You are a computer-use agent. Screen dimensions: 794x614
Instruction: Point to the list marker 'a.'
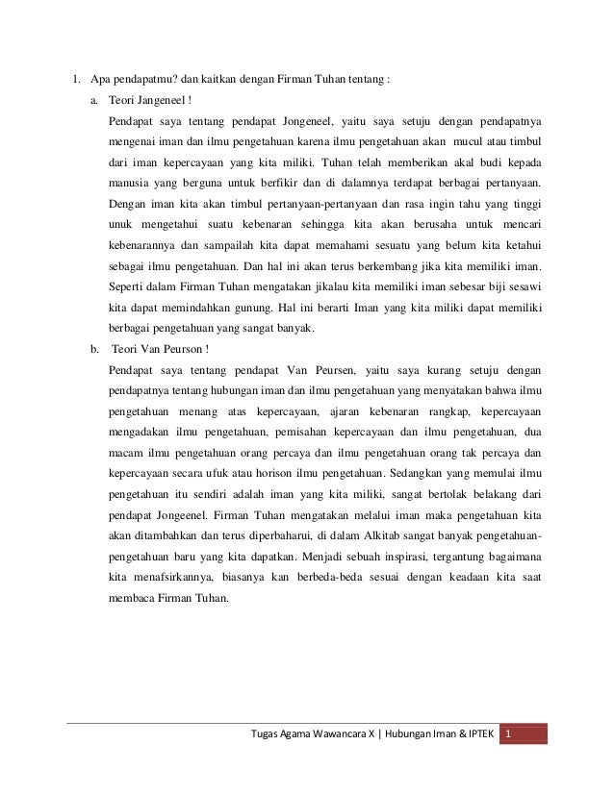[x=93, y=100]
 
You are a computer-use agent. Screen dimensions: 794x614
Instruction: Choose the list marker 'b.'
[x=93, y=348]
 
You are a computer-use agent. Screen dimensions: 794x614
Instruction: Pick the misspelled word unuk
[x=121, y=224]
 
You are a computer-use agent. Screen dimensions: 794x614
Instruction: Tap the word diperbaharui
[x=252, y=534]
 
